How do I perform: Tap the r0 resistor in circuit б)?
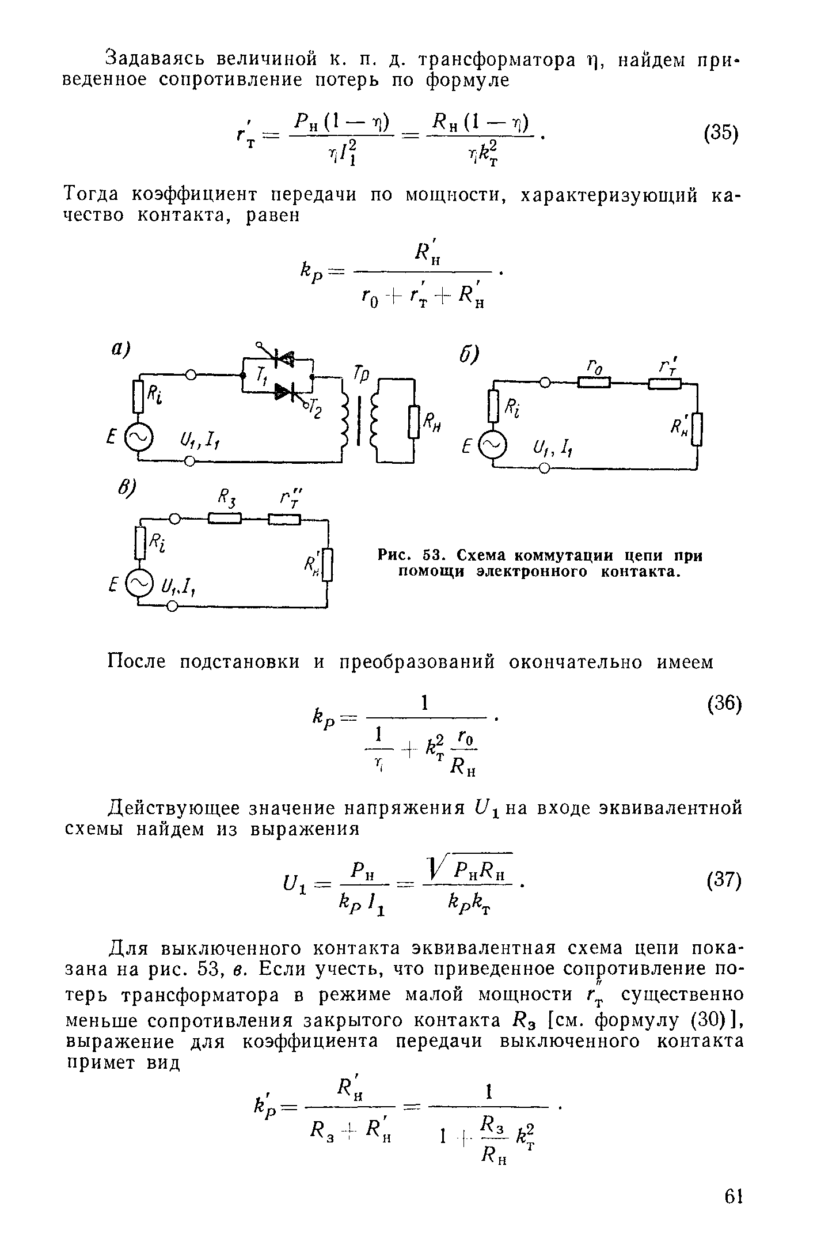pyautogui.click(x=594, y=383)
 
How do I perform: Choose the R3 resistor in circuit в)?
pyautogui.click(x=223, y=519)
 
